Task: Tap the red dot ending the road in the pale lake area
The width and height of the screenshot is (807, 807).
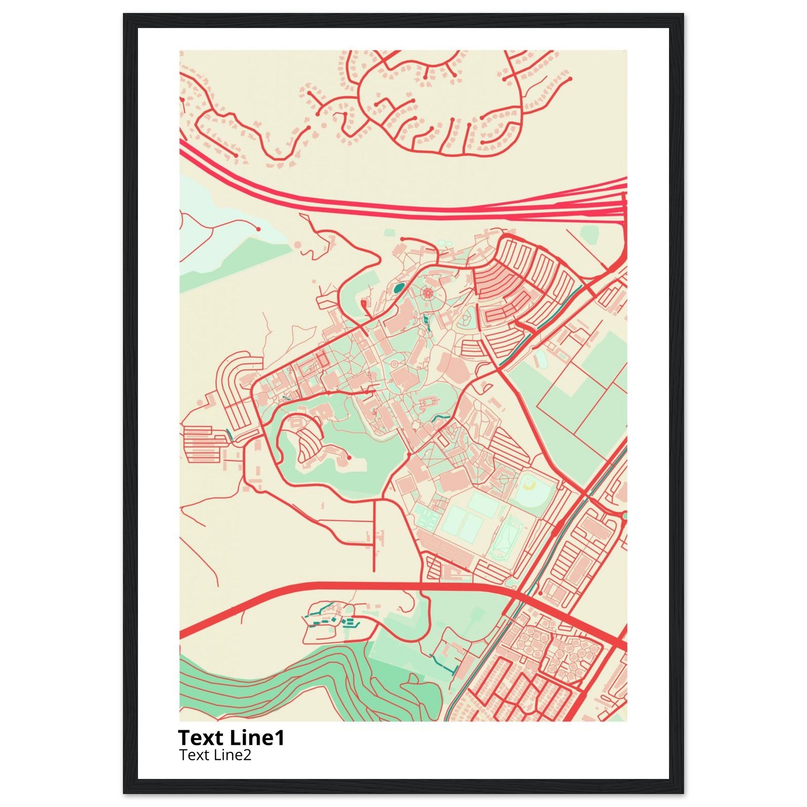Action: click(x=258, y=229)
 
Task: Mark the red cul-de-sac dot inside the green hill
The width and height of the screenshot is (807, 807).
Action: click(x=349, y=457)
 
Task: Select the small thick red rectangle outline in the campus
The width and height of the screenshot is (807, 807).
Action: click(x=321, y=360)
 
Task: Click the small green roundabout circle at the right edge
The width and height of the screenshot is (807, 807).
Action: click(x=625, y=517)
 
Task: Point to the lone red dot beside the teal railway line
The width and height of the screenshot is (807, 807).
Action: click(x=540, y=593)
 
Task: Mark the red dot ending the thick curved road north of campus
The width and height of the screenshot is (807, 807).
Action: click(x=403, y=239)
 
